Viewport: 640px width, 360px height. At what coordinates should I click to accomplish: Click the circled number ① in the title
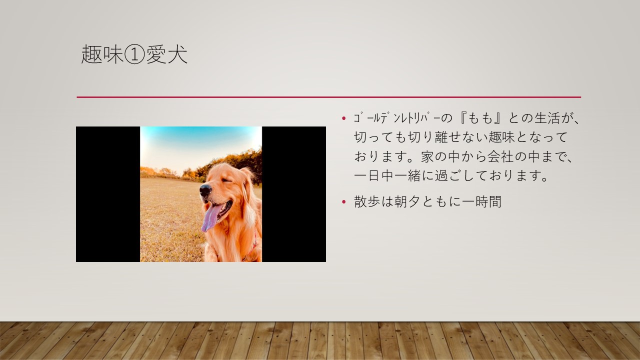click(x=134, y=54)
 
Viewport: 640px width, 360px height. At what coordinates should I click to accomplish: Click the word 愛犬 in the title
click(x=166, y=54)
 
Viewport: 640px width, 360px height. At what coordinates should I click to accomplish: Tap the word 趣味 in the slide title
click(x=102, y=54)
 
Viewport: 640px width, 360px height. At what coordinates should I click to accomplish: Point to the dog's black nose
click(x=205, y=189)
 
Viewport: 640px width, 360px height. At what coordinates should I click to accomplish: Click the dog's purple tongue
click(x=210, y=217)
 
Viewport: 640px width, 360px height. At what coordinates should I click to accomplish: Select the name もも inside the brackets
click(x=479, y=118)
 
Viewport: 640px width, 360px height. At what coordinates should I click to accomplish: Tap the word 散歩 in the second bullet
click(x=367, y=201)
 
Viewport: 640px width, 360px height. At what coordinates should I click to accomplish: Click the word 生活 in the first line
click(x=546, y=118)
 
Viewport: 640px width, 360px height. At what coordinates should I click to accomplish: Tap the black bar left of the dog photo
click(x=108, y=194)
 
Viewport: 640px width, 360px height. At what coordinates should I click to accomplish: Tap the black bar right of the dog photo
click(x=294, y=194)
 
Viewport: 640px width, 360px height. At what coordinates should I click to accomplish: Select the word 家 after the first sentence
click(x=427, y=156)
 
